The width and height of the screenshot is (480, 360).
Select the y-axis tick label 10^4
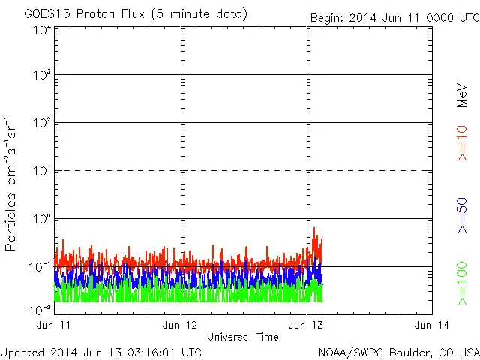click(42, 31)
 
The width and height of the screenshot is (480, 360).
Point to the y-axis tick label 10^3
click(42, 75)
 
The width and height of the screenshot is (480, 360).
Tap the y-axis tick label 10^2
click(42, 123)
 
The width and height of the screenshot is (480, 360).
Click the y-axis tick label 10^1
click(42, 171)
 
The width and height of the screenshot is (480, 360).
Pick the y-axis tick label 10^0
click(42, 219)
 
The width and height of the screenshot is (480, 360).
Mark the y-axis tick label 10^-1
click(40, 267)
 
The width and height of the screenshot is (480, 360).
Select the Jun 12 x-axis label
click(181, 325)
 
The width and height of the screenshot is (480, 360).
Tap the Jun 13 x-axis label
click(307, 325)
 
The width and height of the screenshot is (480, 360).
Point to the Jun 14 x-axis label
click(431, 325)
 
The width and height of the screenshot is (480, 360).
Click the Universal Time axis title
click(243, 337)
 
